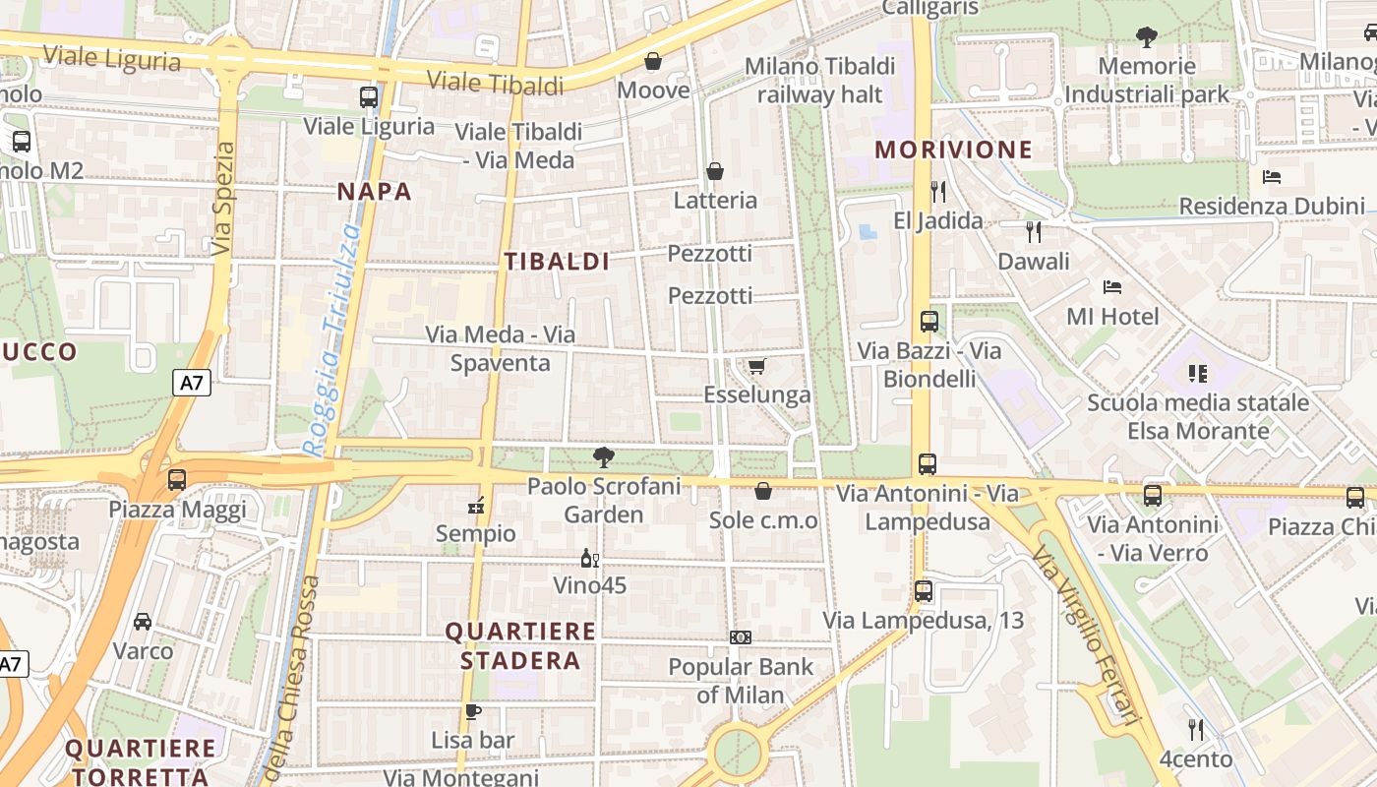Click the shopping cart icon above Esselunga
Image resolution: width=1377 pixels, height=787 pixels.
(756, 367)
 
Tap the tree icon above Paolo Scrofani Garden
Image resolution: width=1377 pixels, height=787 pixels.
(604, 456)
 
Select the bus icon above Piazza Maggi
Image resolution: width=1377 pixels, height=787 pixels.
(177, 480)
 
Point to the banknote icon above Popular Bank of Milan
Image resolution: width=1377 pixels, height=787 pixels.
(741, 637)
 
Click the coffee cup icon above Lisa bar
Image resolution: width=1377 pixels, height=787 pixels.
(472, 711)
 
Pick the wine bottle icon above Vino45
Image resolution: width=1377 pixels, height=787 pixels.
(589, 559)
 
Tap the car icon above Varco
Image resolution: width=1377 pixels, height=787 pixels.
(143, 622)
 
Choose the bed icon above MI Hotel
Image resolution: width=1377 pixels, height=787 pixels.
(1112, 287)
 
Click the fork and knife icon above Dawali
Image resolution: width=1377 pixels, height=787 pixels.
(1033, 232)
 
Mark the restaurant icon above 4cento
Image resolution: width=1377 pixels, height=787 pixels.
(1195, 730)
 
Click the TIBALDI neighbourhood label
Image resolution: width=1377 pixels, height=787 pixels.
(557, 262)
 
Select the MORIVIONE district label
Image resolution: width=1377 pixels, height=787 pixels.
(953, 151)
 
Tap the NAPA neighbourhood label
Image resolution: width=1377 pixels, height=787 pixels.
(375, 192)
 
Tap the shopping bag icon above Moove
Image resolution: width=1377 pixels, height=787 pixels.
(652, 62)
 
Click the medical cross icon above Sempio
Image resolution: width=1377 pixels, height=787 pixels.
(476, 507)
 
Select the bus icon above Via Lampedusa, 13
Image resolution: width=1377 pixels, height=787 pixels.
(923, 591)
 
